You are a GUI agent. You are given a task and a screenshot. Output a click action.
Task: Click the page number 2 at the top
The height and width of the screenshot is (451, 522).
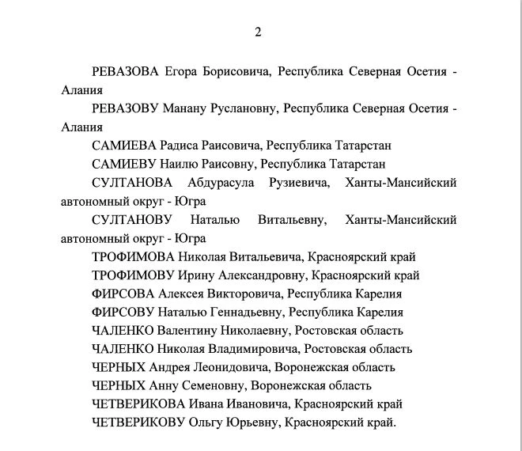[258, 32]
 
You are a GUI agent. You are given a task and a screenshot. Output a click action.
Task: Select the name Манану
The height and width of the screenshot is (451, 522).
[188, 108]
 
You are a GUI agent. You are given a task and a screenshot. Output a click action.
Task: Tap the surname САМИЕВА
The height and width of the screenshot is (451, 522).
[123, 146]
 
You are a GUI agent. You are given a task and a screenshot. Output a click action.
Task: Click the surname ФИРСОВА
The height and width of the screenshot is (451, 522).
[122, 294]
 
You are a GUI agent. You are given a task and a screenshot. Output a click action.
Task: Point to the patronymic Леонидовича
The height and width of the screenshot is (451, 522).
[233, 367]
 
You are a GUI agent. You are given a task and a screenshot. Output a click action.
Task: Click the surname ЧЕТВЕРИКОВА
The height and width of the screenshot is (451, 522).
[138, 404]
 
